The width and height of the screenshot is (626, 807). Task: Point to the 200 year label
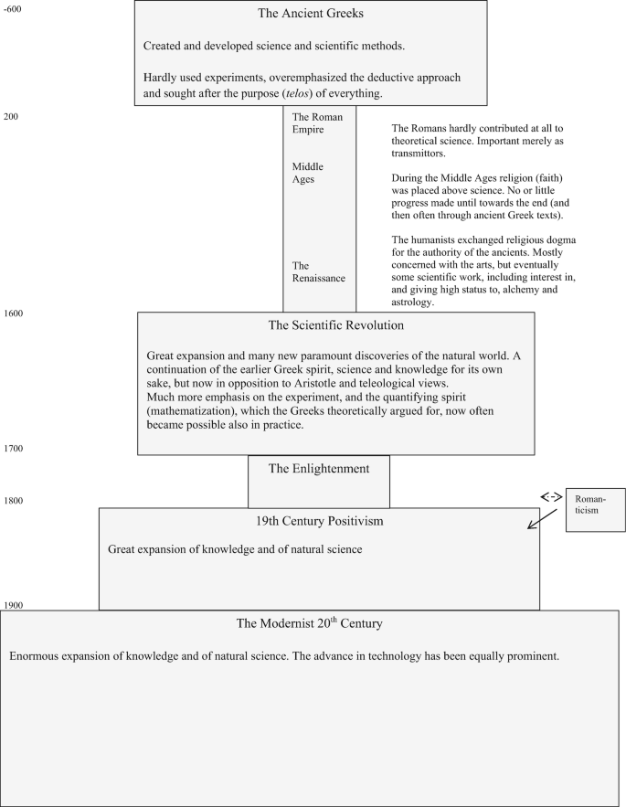click(x=10, y=116)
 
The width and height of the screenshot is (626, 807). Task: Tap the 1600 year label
click(x=13, y=313)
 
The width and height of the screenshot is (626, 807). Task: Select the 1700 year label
click(x=13, y=449)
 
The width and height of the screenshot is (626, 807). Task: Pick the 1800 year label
click(x=13, y=501)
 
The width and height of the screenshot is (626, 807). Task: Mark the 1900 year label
click(x=13, y=606)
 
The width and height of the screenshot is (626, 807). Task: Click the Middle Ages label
click(x=307, y=173)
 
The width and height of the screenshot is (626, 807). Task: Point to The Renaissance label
click(x=313, y=271)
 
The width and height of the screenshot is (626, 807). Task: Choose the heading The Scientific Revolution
click(x=335, y=324)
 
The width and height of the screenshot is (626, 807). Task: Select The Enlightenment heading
click(x=318, y=469)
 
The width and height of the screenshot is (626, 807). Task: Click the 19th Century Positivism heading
click(x=319, y=521)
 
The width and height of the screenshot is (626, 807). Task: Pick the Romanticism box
click(x=596, y=509)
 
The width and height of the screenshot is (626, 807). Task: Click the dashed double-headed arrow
click(x=551, y=496)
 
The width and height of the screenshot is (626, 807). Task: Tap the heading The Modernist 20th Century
click(x=309, y=623)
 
